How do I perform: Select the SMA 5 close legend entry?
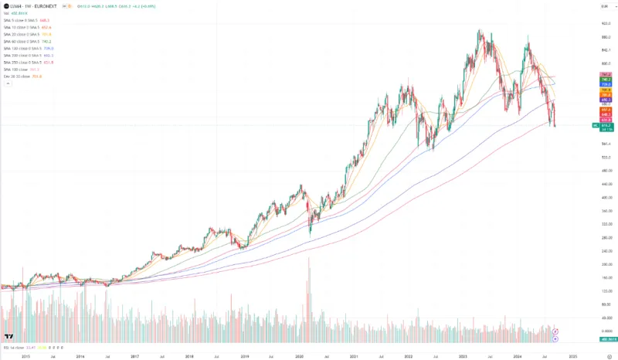click(x=19, y=20)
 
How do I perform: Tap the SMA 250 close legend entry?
click(x=20, y=63)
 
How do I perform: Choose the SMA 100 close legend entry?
click(x=15, y=70)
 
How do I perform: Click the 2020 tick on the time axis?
click(x=300, y=356)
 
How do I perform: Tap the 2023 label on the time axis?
click(x=463, y=356)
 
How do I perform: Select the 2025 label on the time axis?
click(x=572, y=356)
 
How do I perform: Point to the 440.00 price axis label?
click(x=606, y=197)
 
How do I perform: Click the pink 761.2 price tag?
click(x=606, y=75)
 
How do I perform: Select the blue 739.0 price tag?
click(x=606, y=83)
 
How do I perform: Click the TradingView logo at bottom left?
click(x=8, y=337)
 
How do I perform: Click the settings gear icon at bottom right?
click(x=610, y=356)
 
